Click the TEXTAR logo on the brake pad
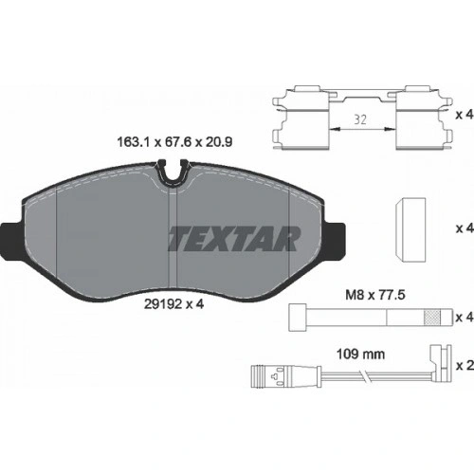(234, 239)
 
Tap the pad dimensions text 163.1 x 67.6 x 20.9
(174, 142)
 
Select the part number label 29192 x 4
(174, 304)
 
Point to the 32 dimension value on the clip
(360, 120)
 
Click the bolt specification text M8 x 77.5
(375, 295)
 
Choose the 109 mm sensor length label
(360, 355)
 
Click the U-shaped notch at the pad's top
(173, 174)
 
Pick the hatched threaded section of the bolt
(431, 318)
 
